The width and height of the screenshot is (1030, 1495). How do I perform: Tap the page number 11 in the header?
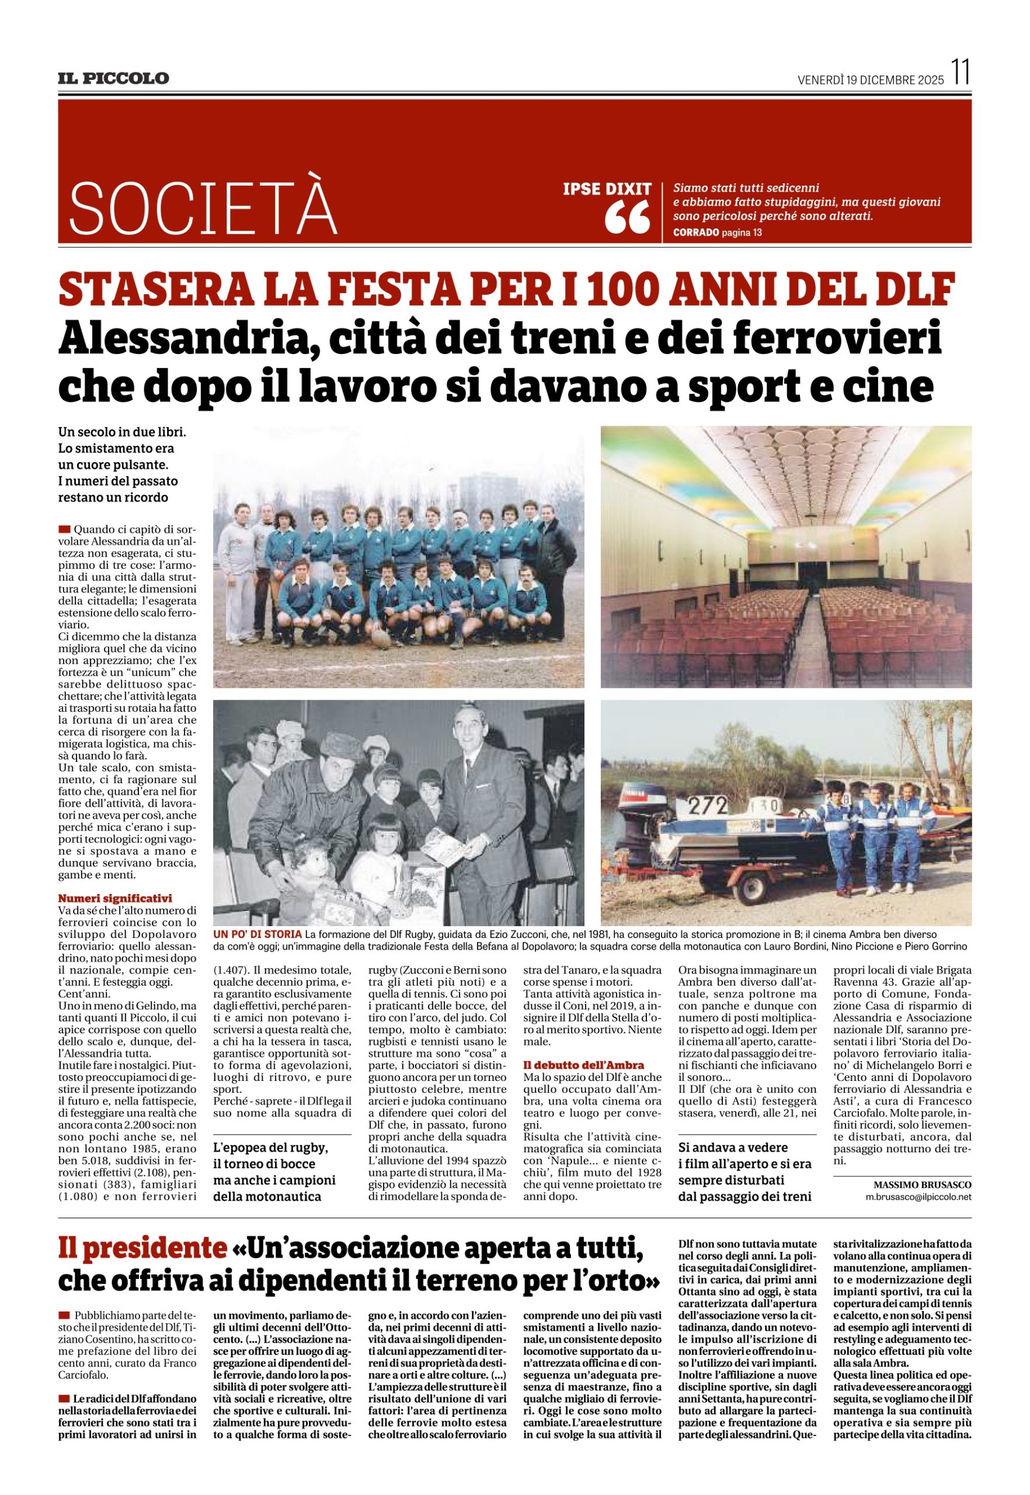point(961,72)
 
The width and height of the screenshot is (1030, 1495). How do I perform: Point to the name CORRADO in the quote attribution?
point(694,232)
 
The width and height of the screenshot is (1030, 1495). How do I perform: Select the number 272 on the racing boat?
point(705,806)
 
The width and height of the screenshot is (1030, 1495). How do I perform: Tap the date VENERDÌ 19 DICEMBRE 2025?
point(871,80)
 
